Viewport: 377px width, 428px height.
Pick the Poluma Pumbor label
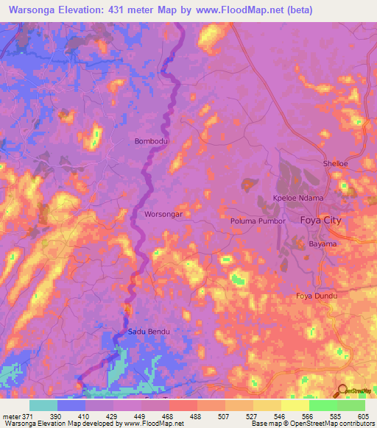click(258, 221)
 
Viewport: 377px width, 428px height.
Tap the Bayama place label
click(322, 243)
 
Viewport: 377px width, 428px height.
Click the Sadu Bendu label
click(149, 332)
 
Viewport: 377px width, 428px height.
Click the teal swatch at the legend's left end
click(43, 405)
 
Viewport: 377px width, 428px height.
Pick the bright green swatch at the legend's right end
click(351, 405)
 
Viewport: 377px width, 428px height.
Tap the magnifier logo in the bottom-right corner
click(343, 391)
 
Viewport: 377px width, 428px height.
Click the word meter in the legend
click(10, 415)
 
